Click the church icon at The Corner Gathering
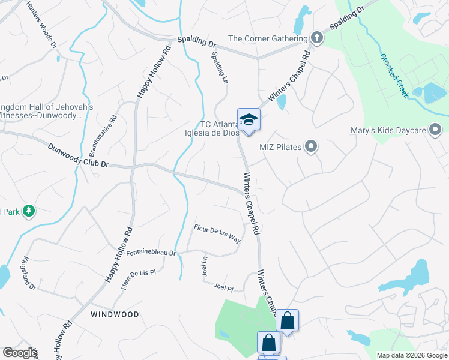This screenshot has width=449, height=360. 316,38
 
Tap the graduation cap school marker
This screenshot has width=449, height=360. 249,119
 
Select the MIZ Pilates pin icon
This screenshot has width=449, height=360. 310,146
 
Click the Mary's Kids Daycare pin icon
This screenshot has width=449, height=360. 436,130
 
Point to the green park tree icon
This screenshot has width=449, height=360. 28,211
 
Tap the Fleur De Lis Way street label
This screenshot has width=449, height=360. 217,233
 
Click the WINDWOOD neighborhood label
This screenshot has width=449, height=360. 115,314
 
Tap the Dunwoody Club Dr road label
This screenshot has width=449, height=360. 79,154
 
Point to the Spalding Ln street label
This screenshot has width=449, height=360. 218,67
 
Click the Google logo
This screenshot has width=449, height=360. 19,353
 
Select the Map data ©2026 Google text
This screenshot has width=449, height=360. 411,355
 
